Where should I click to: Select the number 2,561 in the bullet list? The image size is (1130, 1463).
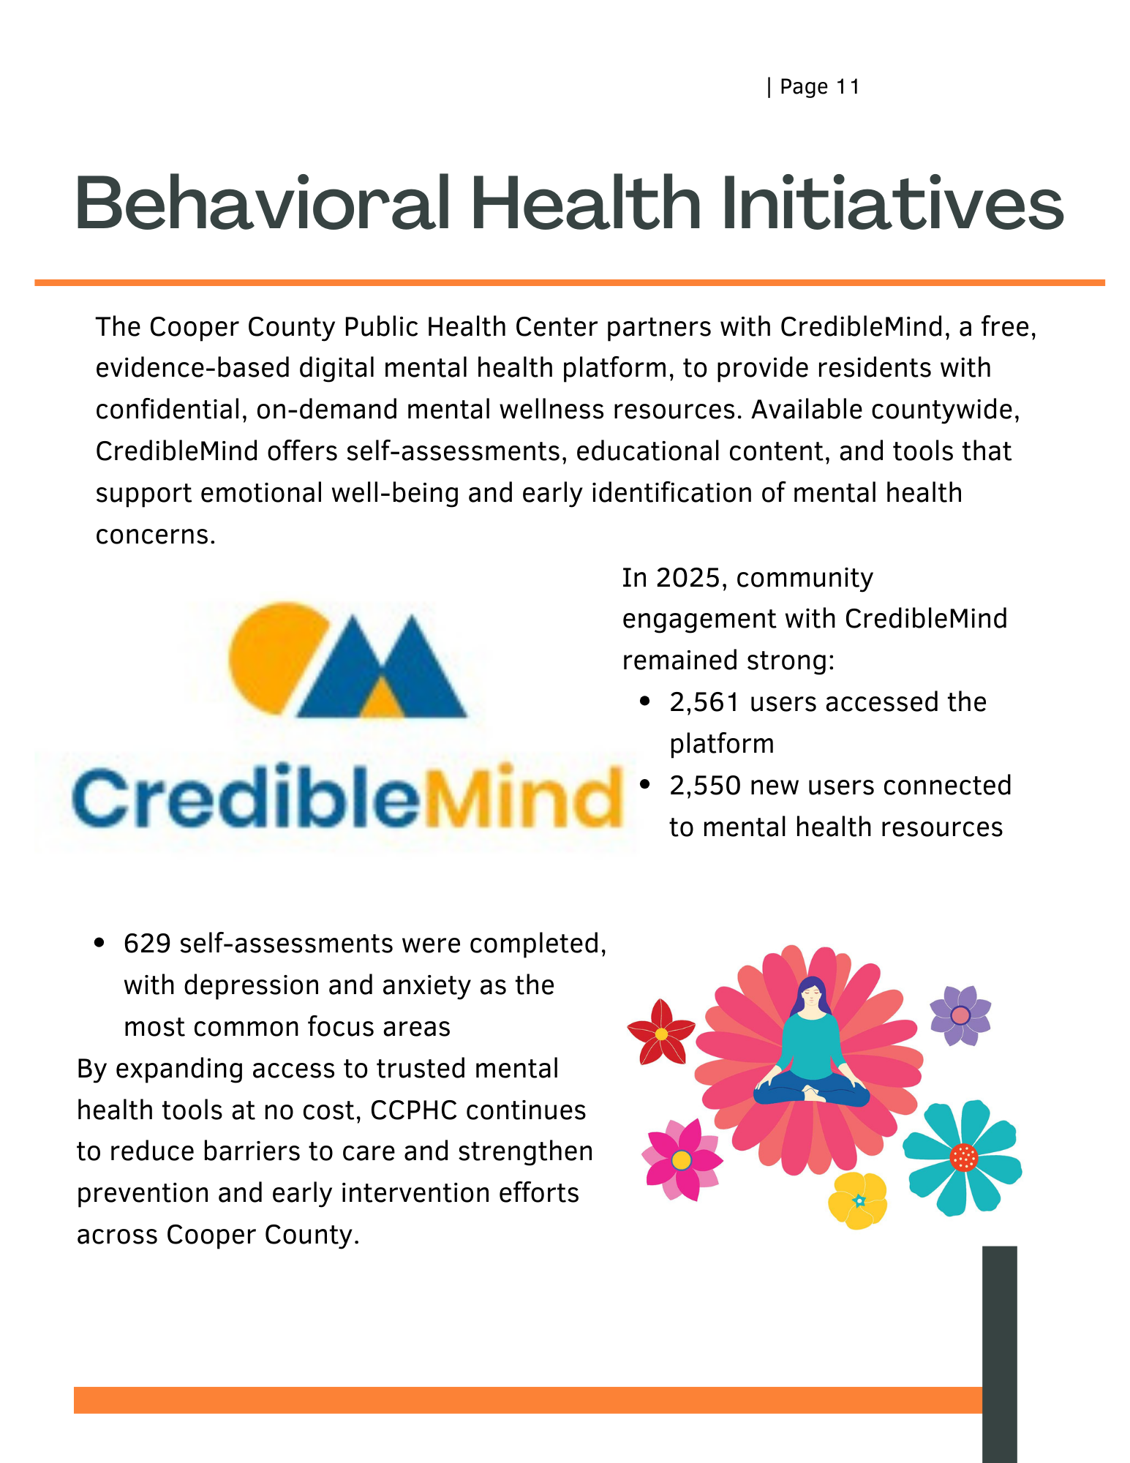[x=705, y=702]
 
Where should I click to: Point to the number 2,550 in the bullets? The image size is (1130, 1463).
[x=705, y=786]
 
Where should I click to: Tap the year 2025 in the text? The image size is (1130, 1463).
[x=688, y=578]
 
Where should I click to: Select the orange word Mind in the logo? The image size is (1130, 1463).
[x=521, y=797]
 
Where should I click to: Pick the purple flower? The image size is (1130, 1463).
[x=960, y=1015]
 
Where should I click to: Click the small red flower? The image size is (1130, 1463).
[x=661, y=1033]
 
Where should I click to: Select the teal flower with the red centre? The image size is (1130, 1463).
[x=963, y=1157]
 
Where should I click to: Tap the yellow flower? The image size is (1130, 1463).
[x=858, y=1200]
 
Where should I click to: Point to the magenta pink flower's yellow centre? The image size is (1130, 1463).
[x=681, y=1159]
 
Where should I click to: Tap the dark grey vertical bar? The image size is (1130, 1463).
[x=999, y=1353]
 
